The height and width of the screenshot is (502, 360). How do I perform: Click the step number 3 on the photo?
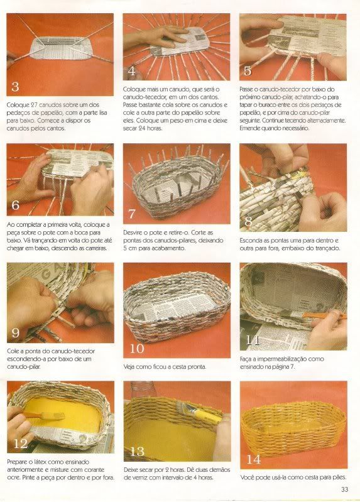tap(15, 87)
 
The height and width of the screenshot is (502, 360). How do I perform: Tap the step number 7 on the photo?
tap(132, 214)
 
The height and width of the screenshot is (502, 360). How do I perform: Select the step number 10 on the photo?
tap(137, 348)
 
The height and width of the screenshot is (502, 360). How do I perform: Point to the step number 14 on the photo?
tap(253, 460)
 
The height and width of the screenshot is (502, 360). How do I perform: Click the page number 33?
tap(345, 489)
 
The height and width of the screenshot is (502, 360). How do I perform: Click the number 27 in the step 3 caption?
tap(35, 105)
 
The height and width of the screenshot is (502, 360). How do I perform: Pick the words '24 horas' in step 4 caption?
tap(148, 128)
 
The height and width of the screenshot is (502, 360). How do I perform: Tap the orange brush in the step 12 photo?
tap(45, 416)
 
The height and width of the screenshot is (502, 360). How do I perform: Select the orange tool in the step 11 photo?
tap(324, 315)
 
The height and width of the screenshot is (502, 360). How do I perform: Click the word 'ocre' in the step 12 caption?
tap(13, 477)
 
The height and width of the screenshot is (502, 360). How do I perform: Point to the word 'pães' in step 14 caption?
tap(339, 477)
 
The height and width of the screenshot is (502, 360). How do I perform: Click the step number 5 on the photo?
tap(248, 71)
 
